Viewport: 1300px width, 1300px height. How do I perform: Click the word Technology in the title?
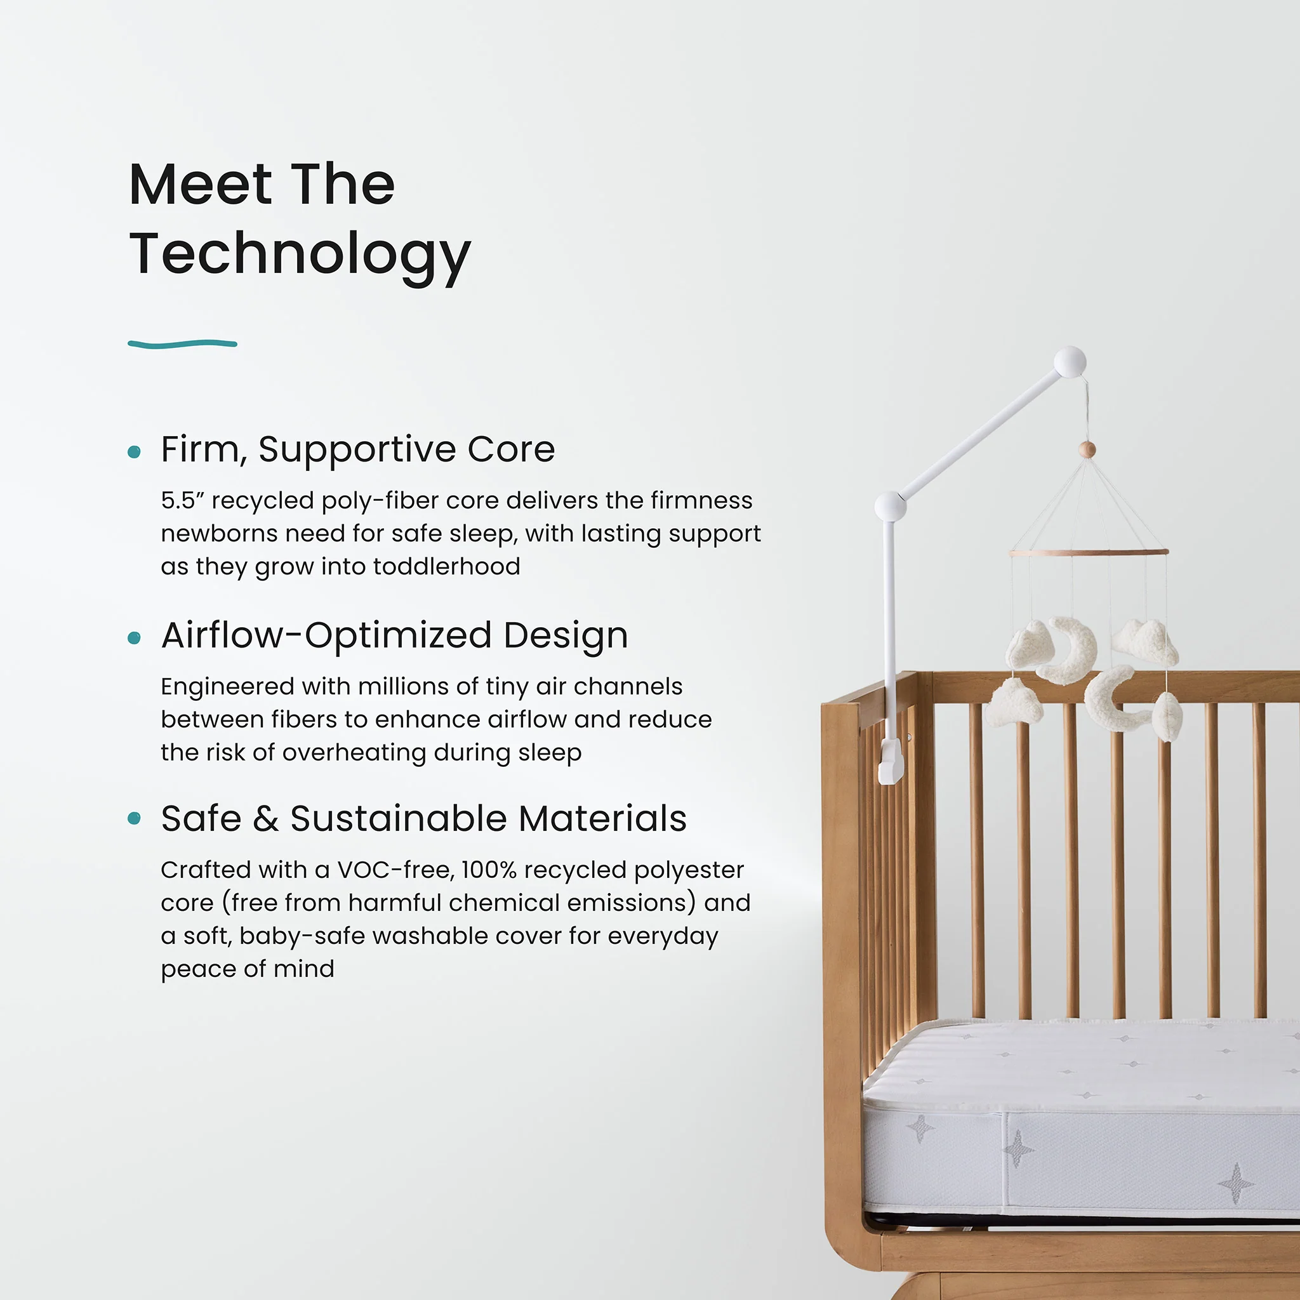(x=300, y=255)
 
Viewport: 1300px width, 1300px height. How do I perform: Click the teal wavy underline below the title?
(x=182, y=344)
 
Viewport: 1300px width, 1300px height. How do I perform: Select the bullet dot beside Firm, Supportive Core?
(x=135, y=451)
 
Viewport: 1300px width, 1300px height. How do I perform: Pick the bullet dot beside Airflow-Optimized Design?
(x=135, y=637)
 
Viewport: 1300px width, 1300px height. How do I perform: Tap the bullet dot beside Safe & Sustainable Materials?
(x=135, y=818)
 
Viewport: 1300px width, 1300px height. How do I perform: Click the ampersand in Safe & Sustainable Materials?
(x=266, y=819)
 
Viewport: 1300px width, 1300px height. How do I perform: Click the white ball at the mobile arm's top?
(x=1070, y=361)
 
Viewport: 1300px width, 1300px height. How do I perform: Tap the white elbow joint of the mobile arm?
(x=890, y=506)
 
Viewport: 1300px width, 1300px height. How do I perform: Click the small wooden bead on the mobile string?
(x=1087, y=449)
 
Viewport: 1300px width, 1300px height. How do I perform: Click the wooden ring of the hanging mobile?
(x=1088, y=552)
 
